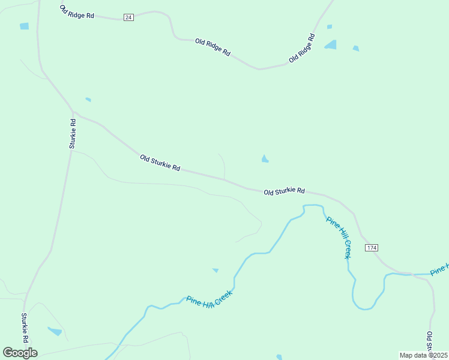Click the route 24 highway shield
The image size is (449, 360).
(x=128, y=17)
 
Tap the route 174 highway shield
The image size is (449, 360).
(x=372, y=248)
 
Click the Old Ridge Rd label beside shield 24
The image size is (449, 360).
(x=77, y=11)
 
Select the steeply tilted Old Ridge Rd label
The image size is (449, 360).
(x=302, y=48)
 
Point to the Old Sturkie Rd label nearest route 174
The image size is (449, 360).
(x=285, y=191)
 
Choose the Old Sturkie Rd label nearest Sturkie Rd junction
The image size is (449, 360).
(x=160, y=163)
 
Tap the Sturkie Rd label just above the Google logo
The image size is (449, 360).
(x=25, y=327)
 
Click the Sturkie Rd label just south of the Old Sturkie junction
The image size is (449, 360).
(x=73, y=133)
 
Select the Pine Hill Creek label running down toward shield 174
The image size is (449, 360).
(x=339, y=236)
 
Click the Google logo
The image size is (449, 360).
(x=20, y=353)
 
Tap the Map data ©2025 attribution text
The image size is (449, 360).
(x=423, y=355)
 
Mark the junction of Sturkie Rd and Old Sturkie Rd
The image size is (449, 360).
(x=73, y=113)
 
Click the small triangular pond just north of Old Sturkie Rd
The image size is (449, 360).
(x=265, y=159)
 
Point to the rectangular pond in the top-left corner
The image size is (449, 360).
(x=24, y=26)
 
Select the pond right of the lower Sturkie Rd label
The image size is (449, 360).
(x=55, y=331)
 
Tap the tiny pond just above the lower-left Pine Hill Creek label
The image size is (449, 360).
(x=215, y=271)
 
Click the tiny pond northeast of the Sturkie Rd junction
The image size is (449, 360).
(x=88, y=99)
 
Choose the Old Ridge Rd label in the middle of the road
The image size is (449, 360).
(x=212, y=47)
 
